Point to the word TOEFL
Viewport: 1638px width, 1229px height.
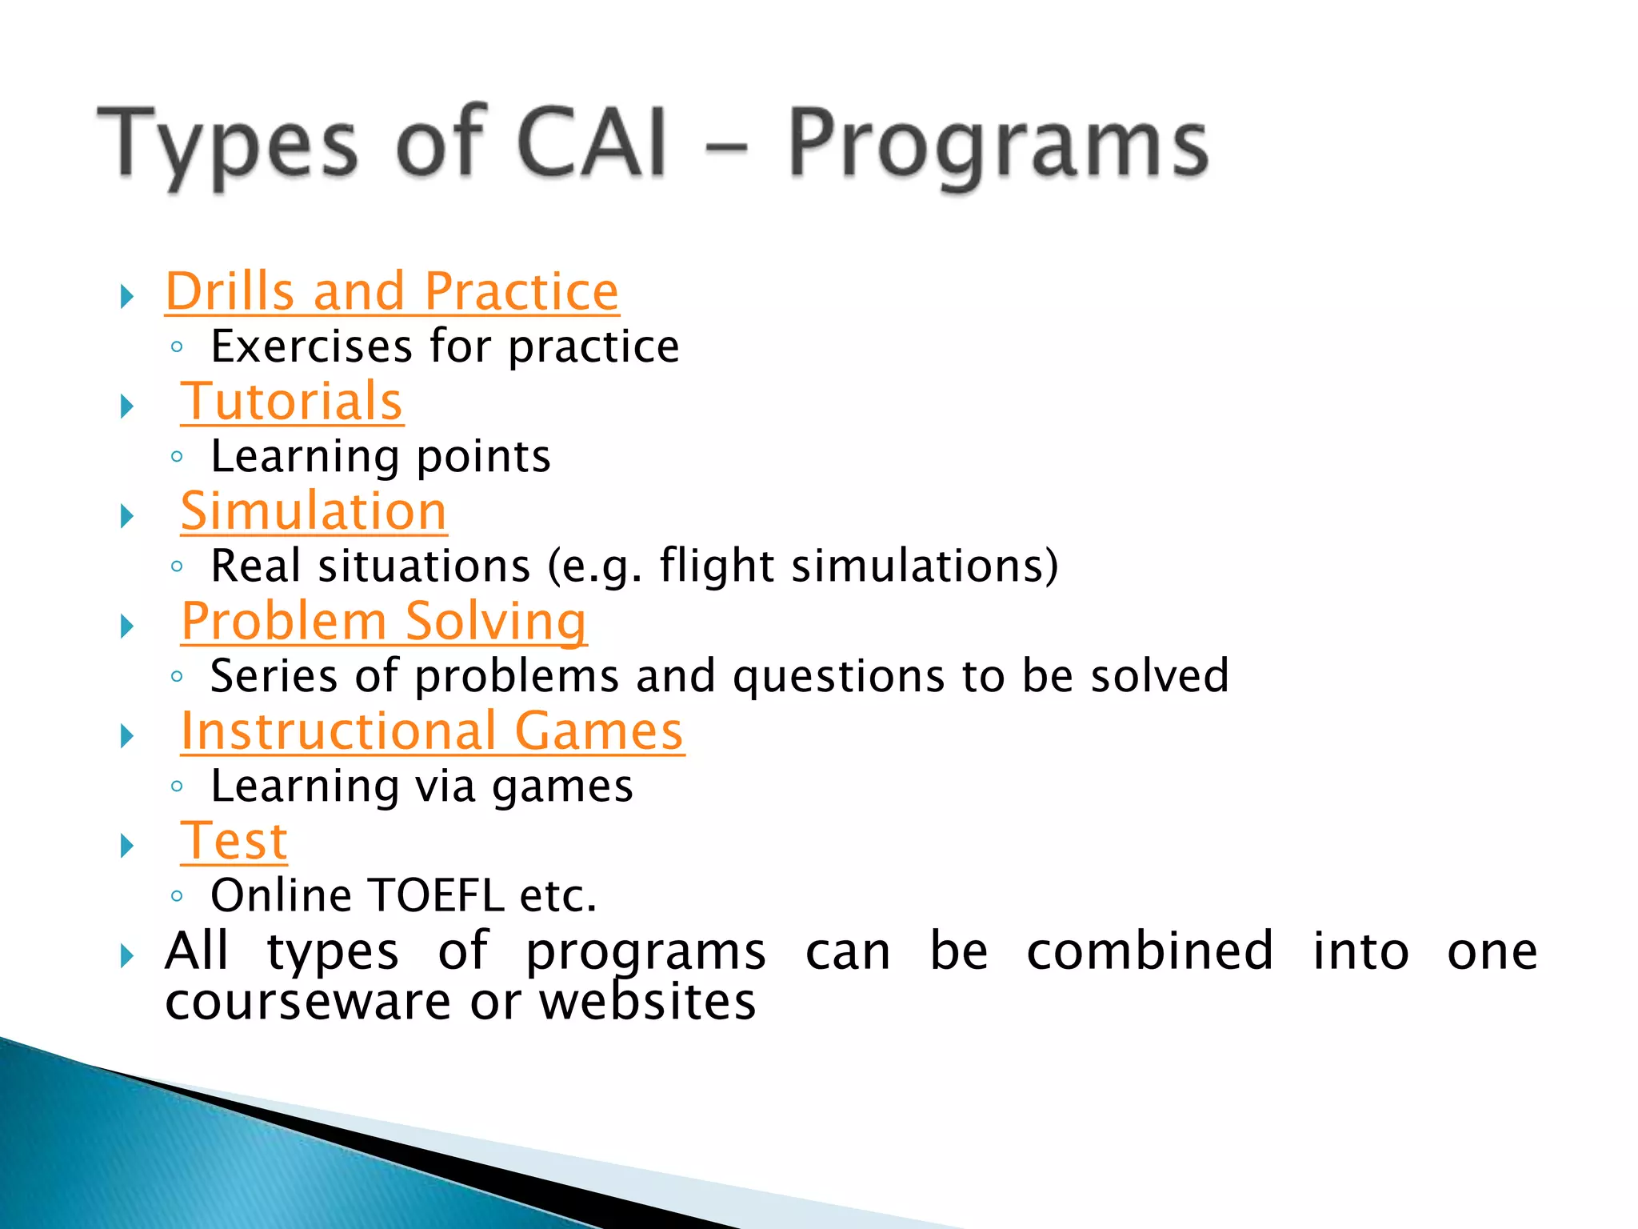coord(437,895)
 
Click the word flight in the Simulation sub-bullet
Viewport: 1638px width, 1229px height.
coord(716,566)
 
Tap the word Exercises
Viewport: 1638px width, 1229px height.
coord(312,346)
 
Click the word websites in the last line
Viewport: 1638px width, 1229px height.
coord(647,1002)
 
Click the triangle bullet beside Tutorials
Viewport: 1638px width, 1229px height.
coord(127,406)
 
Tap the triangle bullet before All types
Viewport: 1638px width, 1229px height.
coord(127,955)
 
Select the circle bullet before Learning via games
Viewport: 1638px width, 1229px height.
coord(178,787)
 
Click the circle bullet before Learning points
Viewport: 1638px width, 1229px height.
coord(178,457)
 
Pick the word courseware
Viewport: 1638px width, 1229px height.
coord(308,1002)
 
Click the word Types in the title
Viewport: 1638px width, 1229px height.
coord(228,144)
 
